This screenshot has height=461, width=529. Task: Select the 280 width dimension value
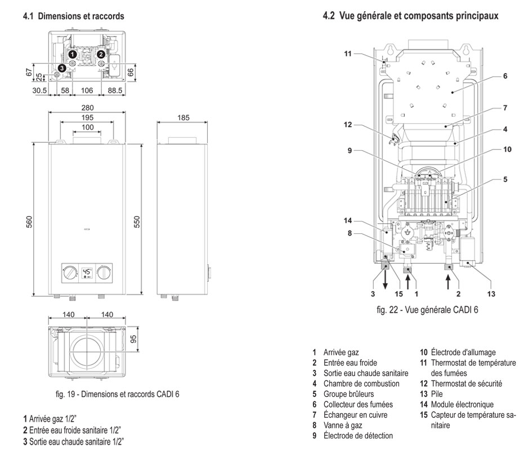pyautogui.click(x=87, y=107)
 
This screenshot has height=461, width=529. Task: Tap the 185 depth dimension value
pyautogui.click(x=182, y=119)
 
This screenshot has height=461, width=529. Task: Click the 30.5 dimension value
pyautogui.click(x=39, y=89)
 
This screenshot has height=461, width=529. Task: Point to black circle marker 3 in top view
pyautogui.click(x=62, y=67)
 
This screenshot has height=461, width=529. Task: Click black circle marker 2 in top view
pyautogui.click(x=100, y=54)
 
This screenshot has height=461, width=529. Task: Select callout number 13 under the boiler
pyautogui.click(x=491, y=293)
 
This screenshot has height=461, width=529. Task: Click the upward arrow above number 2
pyautogui.click(x=448, y=279)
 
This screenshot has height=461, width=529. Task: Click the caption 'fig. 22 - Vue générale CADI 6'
pyautogui.click(x=428, y=310)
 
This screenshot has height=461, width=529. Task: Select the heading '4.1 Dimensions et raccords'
pyautogui.click(x=73, y=17)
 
